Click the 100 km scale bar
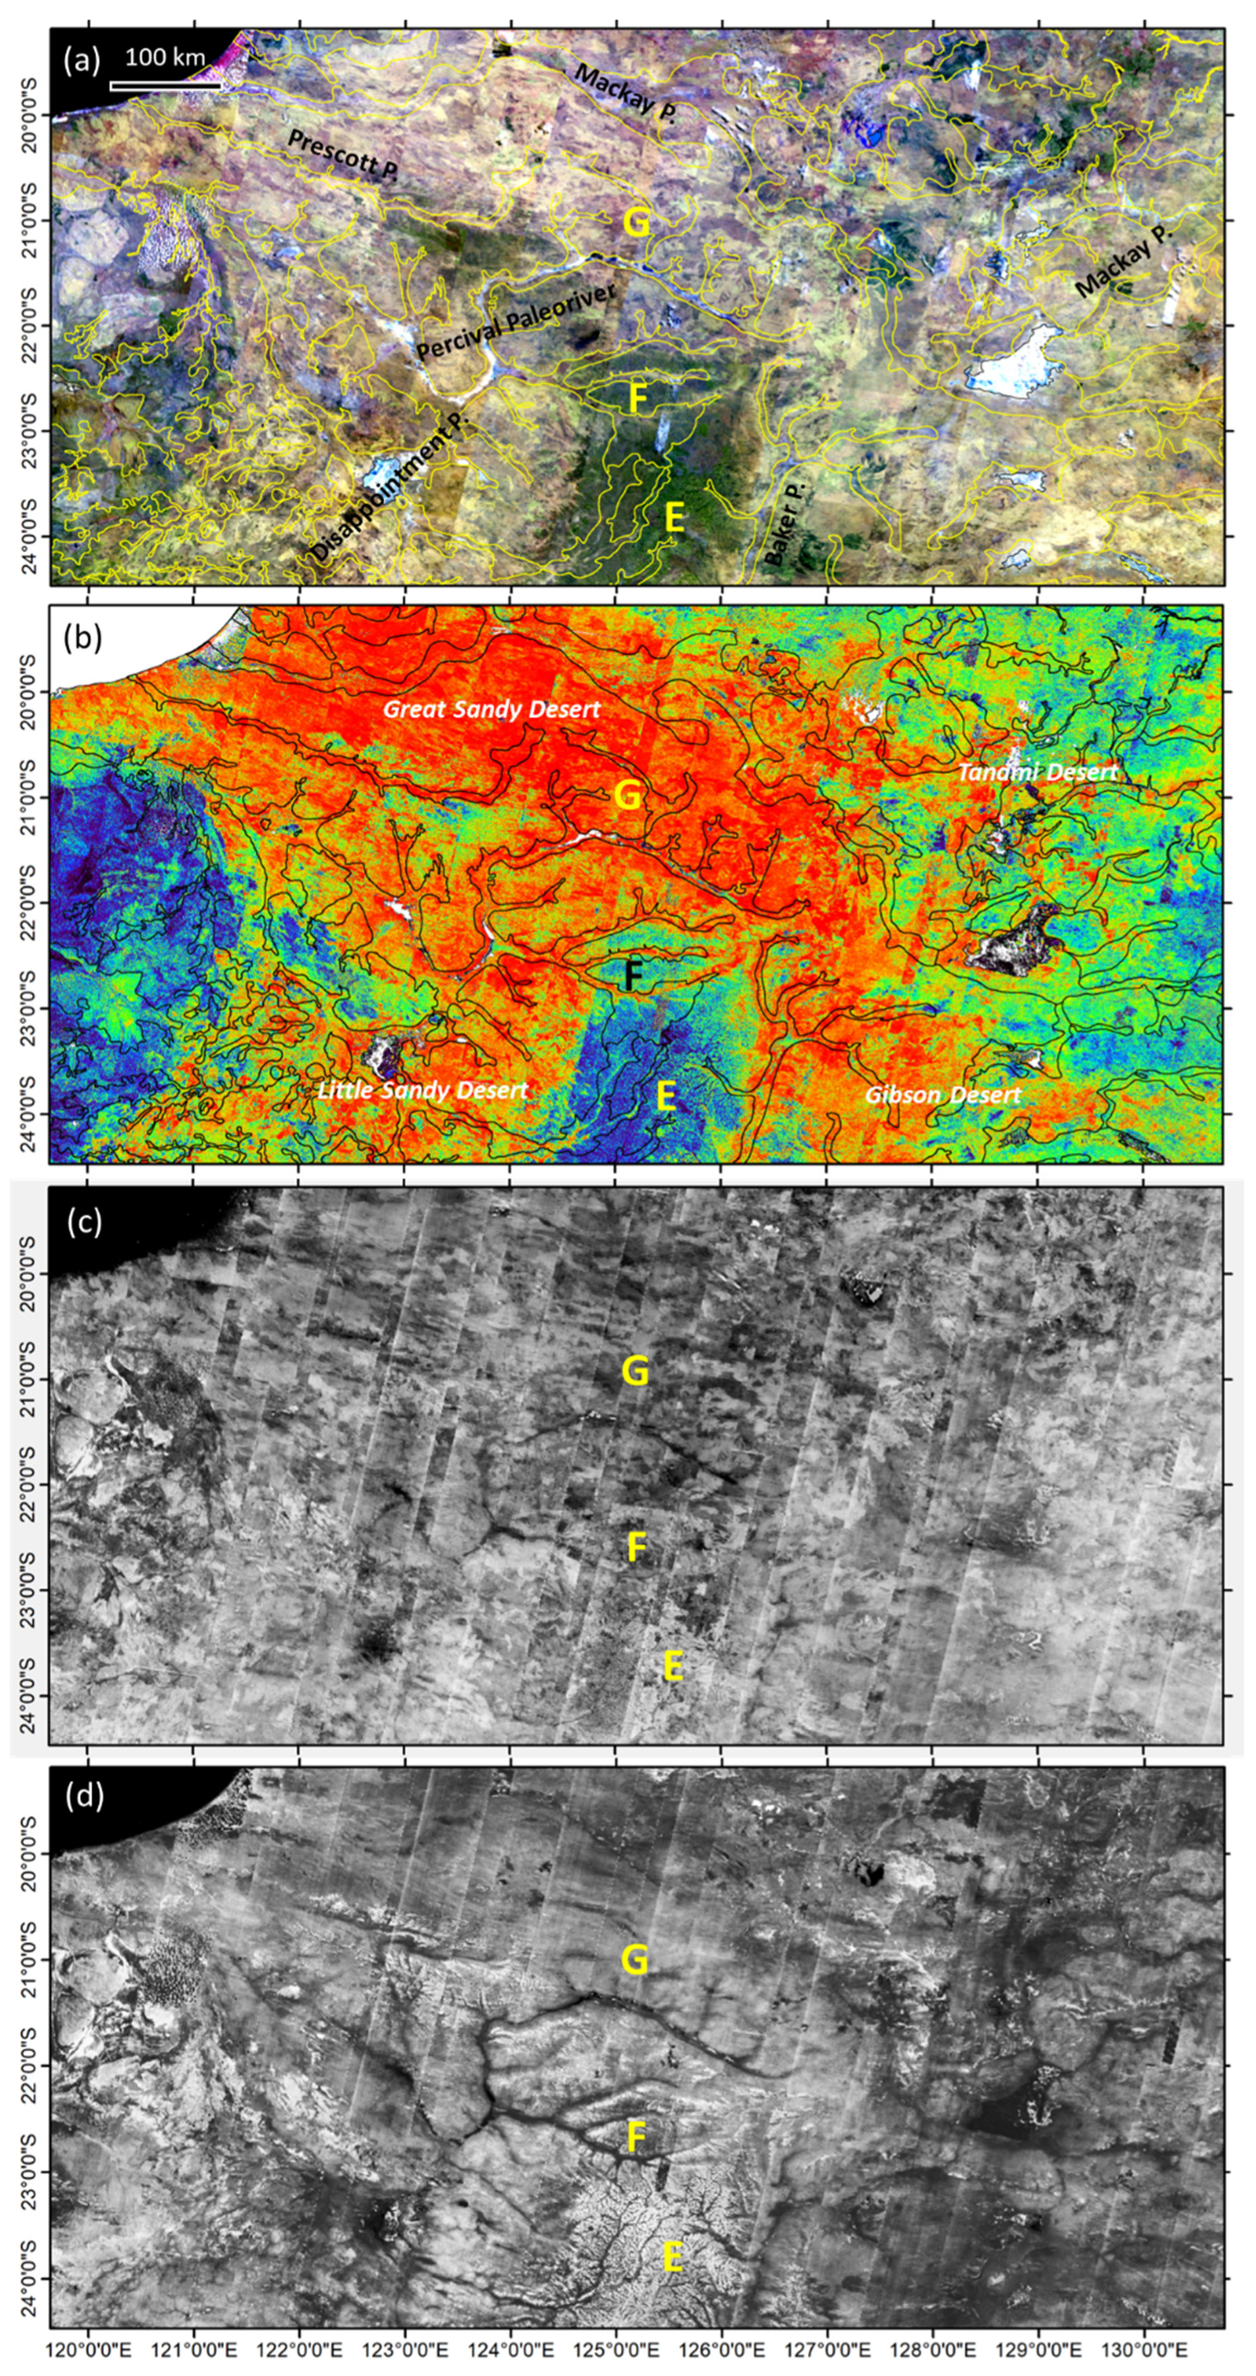pyautogui.click(x=165, y=87)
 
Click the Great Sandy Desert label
pyautogui.click(x=492, y=709)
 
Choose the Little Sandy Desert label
pyautogui.click(x=423, y=1090)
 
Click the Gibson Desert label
pyautogui.click(x=942, y=1095)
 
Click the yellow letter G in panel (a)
pyautogui.click(x=636, y=223)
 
